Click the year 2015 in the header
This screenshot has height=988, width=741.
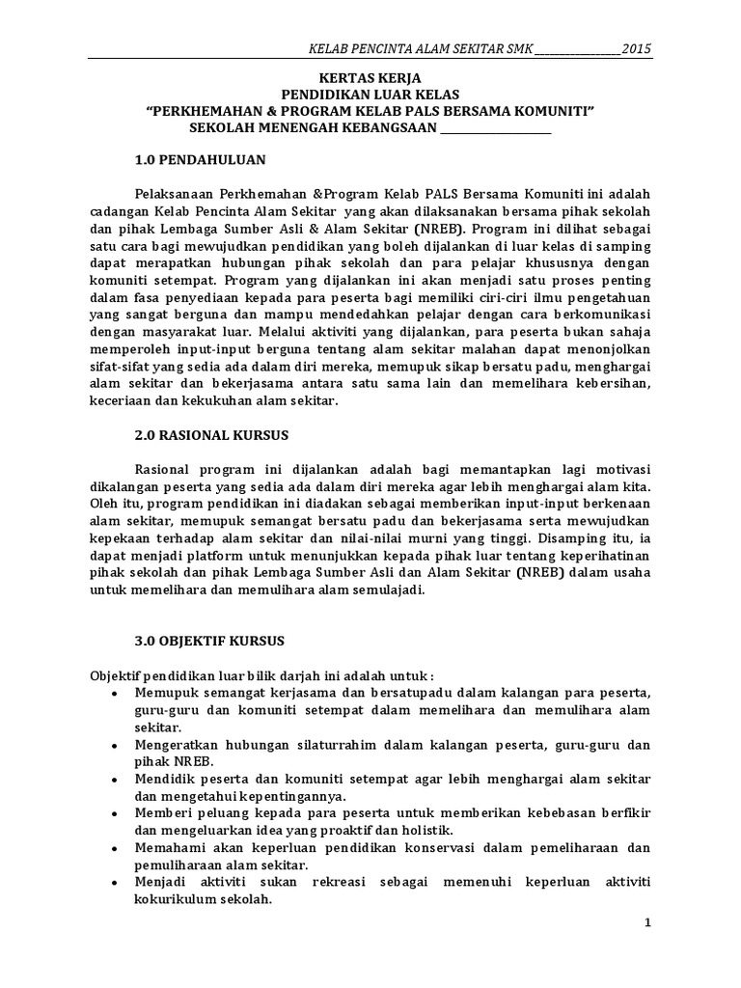click(636, 48)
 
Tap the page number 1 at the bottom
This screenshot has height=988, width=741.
click(648, 922)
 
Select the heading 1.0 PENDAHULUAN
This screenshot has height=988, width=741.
click(200, 158)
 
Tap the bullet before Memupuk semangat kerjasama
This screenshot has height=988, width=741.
click(115, 695)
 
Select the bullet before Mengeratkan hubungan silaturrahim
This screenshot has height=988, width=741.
click(115, 746)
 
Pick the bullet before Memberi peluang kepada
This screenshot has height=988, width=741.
click(115, 814)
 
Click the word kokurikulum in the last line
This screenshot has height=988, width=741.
click(167, 899)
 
